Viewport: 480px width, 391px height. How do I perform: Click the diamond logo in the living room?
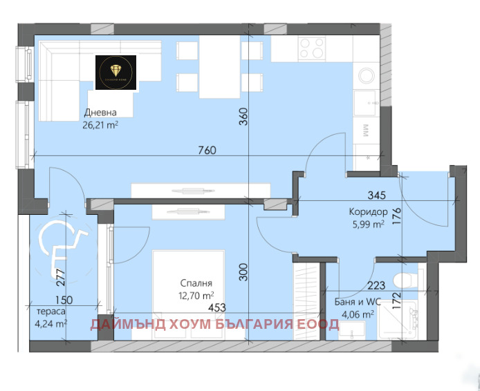[x=117, y=71]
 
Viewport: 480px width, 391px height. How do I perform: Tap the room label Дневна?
[x=100, y=113]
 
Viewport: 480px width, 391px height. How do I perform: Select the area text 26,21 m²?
[x=100, y=125]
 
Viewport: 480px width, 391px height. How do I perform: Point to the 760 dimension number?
[x=207, y=150]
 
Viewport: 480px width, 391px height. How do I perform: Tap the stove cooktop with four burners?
[x=313, y=49]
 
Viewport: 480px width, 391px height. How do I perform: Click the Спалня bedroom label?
[x=196, y=283]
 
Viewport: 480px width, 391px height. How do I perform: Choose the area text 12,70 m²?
[x=196, y=295]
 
